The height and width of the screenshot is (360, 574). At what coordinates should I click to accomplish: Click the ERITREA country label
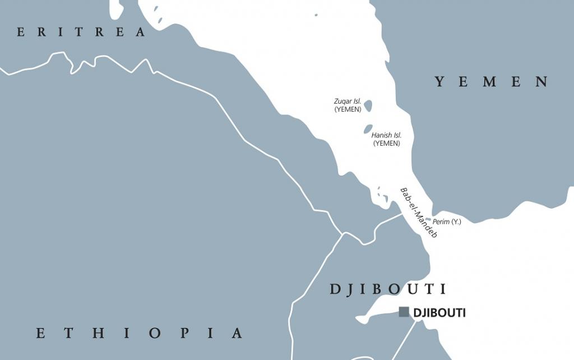point(81,33)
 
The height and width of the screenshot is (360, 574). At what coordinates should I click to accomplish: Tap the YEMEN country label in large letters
point(492,82)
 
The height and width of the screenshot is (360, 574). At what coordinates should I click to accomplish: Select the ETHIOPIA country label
point(140,333)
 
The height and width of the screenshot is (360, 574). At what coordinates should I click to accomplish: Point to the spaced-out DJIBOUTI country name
point(388,289)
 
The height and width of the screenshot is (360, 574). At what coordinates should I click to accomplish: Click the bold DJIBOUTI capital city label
point(439,313)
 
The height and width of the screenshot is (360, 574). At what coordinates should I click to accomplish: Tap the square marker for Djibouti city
point(404,312)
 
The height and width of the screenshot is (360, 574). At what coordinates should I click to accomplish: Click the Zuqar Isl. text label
point(348,101)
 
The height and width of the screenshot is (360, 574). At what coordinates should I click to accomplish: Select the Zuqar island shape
point(368,105)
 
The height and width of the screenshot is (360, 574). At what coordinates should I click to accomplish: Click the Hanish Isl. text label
point(386,135)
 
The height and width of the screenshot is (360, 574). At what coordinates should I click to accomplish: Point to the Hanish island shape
point(368,129)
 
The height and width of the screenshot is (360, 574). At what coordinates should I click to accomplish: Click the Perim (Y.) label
point(447,221)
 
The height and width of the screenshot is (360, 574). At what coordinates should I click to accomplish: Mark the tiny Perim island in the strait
point(428,220)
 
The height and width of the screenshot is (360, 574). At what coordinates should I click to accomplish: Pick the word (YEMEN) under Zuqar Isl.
point(348,109)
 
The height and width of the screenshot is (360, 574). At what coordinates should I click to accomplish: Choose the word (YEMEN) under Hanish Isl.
point(386,144)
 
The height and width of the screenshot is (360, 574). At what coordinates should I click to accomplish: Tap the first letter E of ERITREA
point(21,33)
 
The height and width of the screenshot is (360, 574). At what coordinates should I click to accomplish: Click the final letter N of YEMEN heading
point(542,82)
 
